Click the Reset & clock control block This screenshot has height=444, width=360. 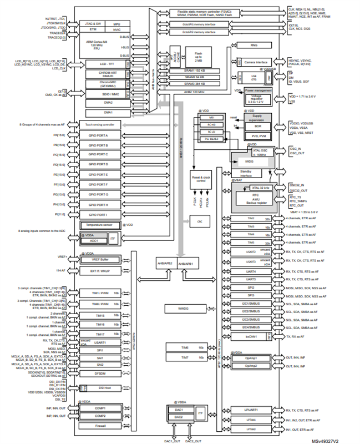(199, 179)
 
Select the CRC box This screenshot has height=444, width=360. (199, 221)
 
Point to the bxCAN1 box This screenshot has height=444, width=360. (251, 337)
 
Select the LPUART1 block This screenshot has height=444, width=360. (251, 410)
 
